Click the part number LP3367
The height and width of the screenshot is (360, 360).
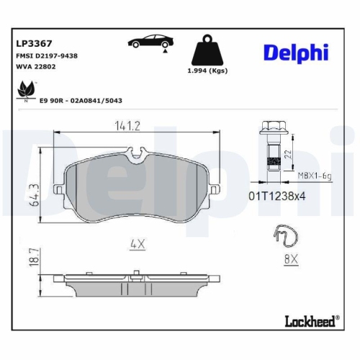[33, 43]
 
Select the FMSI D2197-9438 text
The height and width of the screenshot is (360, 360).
[47, 55]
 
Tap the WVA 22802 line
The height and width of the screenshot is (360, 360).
[36, 66]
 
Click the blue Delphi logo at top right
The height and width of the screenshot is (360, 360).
[295, 52]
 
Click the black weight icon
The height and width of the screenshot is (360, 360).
[210, 50]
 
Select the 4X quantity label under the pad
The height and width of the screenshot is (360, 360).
[138, 245]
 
